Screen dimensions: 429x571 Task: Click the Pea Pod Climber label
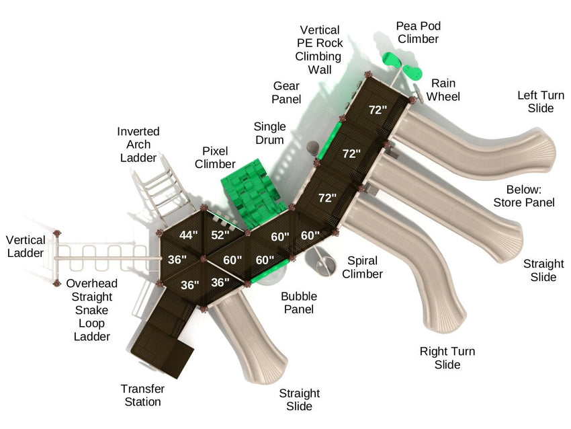click(x=418, y=32)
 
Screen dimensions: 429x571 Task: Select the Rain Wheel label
click(x=443, y=90)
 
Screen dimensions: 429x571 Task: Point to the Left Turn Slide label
click(x=535, y=102)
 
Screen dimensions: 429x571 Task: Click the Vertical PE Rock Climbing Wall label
click(x=320, y=50)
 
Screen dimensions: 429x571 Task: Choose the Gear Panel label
click(x=285, y=93)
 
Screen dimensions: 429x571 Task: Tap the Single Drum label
click(x=269, y=133)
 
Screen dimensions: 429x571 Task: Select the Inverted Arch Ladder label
click(x=138, y=144)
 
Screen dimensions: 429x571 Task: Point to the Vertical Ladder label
click(x=26, y=246)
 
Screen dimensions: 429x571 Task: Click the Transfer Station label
click(x=142, y=395)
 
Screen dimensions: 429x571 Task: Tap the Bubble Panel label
click(x=299, y=303)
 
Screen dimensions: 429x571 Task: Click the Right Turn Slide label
click(x=447, y=358)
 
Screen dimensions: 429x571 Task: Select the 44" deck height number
click(x=189, y=235)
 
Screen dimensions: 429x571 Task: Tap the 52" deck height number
click(x=220, y=235)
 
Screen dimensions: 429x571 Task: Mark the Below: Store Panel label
click(x=524, y=196)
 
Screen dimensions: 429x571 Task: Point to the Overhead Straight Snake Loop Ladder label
click(x=89, y=310)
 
